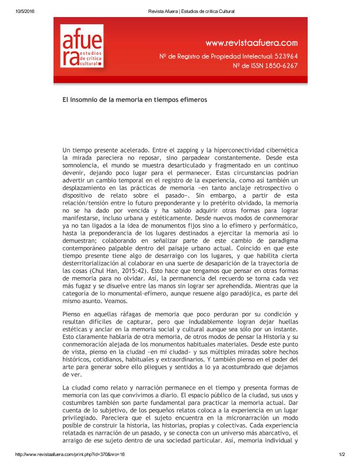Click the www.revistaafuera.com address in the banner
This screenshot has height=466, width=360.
(251, 42)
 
